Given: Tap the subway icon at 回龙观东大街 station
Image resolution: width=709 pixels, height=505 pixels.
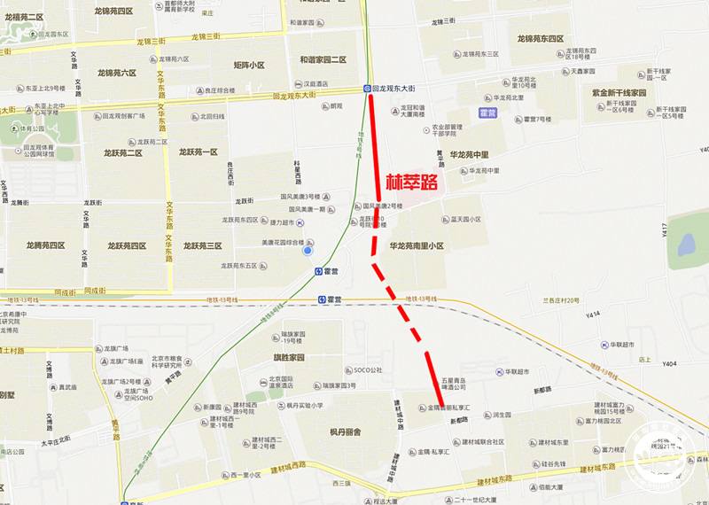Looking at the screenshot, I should coord(367,89).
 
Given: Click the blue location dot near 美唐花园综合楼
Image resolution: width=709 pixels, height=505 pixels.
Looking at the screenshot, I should coord(308,251).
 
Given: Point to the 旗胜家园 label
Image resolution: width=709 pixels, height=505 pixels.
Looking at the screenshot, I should coord(288,358).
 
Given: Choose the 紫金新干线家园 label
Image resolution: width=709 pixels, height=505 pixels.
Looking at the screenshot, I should coord(619,92).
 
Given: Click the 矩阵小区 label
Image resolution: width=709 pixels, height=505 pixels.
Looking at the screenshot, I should coord(249,65).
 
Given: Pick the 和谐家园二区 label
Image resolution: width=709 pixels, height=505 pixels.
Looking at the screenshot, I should coord(323,59).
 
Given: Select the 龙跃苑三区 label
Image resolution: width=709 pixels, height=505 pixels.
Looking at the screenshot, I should coord(202,245).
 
